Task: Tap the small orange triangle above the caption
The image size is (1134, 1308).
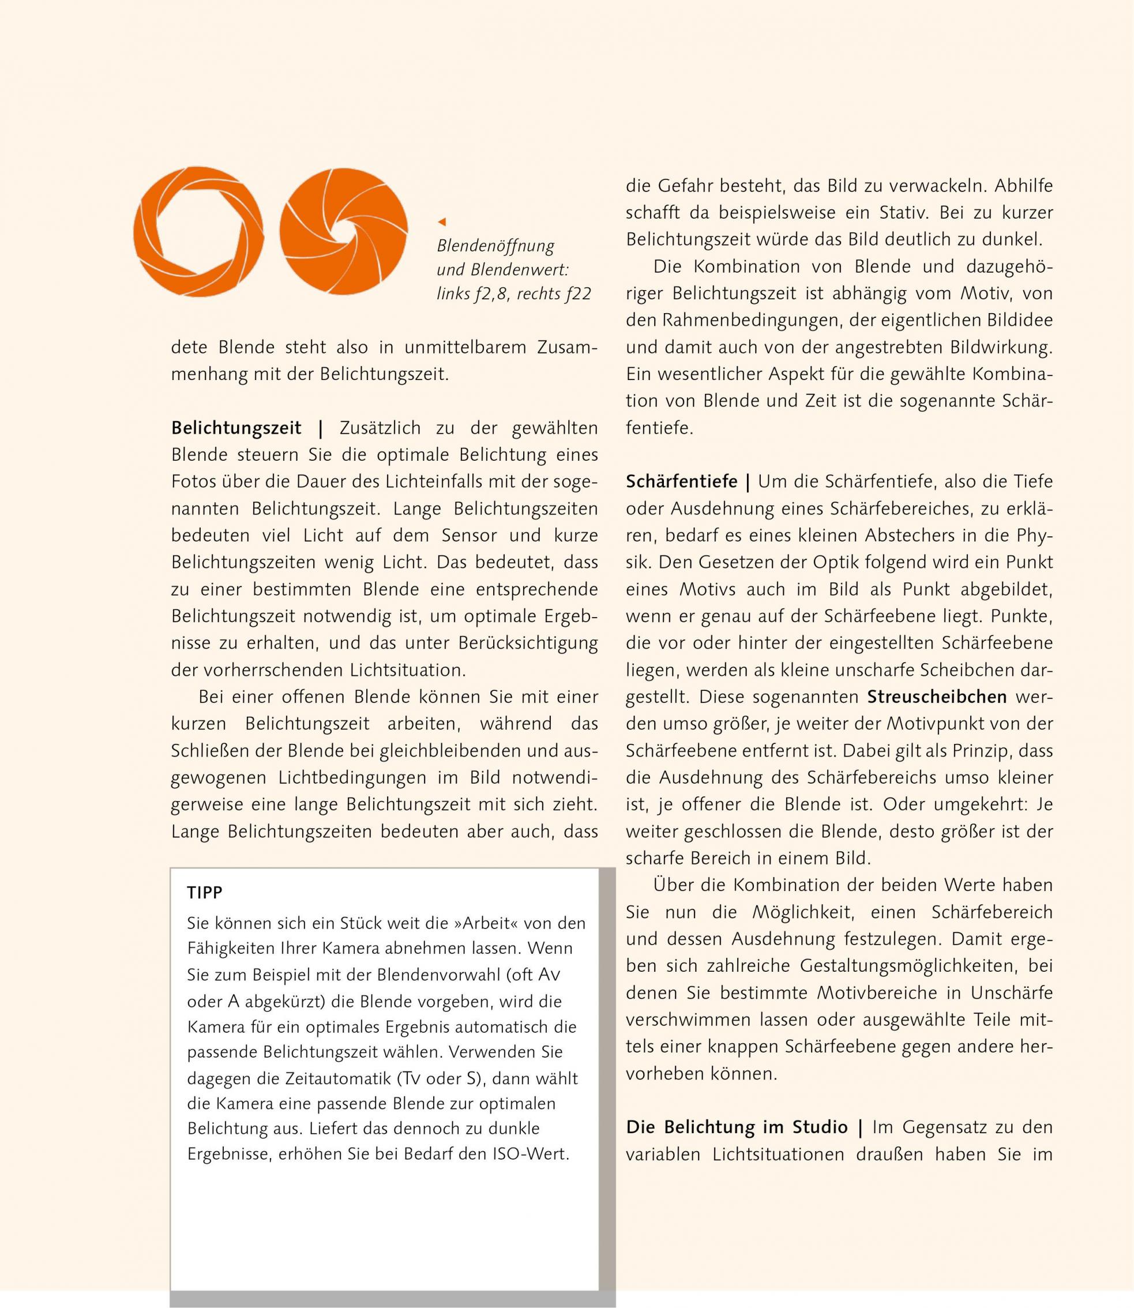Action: (442, 221)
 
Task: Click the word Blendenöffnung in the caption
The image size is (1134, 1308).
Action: (495, 246)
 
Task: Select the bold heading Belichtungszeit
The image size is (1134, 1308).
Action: (236, 429)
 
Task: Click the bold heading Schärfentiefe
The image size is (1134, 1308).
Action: (682, 482)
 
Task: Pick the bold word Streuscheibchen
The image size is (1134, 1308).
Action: (937, 697)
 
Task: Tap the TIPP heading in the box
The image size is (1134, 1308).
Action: (204, 893)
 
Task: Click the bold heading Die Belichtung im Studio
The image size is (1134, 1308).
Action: (737, 1127)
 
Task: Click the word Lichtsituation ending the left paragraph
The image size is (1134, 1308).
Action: (405, 670)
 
